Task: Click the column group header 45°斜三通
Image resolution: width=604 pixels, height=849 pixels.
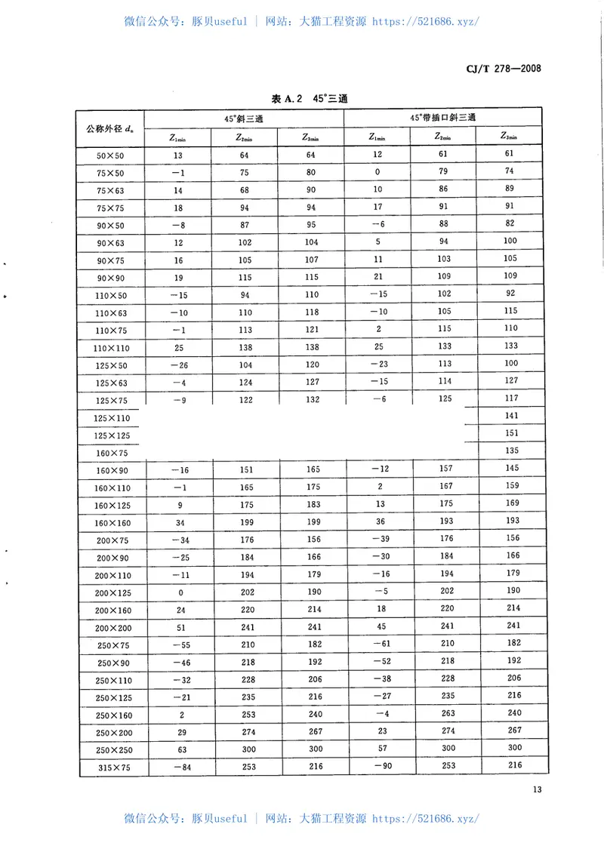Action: click(x=244, y=118)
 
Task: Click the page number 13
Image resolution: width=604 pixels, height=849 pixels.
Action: click(x=537, y=790)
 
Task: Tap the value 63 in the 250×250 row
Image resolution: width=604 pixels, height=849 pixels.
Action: click(x=181, y=749)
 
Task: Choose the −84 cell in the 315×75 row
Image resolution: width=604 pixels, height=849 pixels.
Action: click(x=181, y=767)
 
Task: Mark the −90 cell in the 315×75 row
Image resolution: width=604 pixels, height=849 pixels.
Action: click(x=378, y=766)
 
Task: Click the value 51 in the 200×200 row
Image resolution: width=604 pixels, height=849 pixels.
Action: click(x=181, y=627)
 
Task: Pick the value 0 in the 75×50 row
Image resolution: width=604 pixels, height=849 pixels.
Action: click(x=377, y=172)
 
